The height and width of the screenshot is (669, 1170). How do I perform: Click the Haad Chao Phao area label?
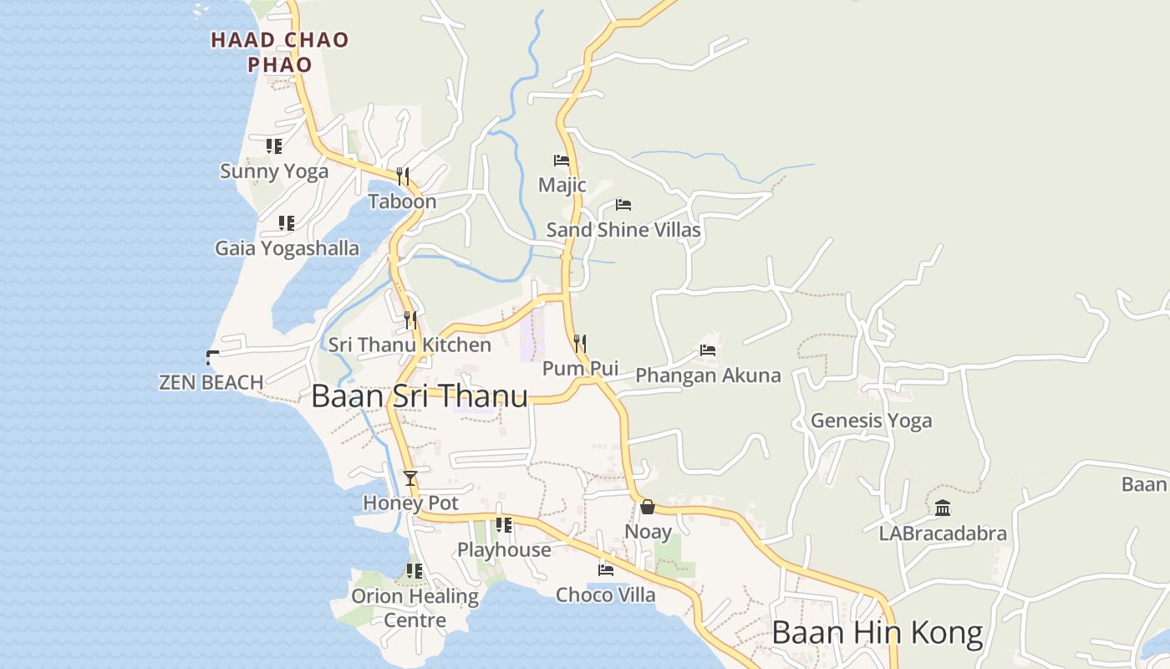279,52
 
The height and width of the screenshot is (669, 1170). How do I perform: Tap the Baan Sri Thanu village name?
419,396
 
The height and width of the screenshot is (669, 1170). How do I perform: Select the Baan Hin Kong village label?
877,632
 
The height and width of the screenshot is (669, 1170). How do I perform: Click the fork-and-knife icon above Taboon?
403,176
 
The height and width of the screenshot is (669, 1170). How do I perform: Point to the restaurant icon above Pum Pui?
580,343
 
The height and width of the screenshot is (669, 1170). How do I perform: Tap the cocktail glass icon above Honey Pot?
410,478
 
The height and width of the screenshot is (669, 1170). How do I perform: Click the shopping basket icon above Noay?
648,507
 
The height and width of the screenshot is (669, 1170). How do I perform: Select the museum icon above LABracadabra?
943,508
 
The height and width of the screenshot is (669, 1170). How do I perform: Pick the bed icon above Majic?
562,160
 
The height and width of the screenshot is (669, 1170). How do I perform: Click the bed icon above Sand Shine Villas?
623,204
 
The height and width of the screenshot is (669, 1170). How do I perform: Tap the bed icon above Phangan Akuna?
708,350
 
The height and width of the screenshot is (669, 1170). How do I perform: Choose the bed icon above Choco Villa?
606,570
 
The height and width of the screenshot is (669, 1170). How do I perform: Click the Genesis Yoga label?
871,421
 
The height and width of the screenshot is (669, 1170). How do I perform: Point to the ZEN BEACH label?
211,382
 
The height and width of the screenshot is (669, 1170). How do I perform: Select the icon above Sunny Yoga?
274,146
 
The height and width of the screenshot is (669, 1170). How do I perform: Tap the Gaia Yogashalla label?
287,248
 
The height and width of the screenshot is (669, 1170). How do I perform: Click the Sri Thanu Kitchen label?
409,345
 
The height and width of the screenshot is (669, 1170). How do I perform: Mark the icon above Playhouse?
504,525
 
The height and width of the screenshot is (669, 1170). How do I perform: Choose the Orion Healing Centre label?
415,608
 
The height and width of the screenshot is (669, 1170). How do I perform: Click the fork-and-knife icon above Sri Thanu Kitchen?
409,319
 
